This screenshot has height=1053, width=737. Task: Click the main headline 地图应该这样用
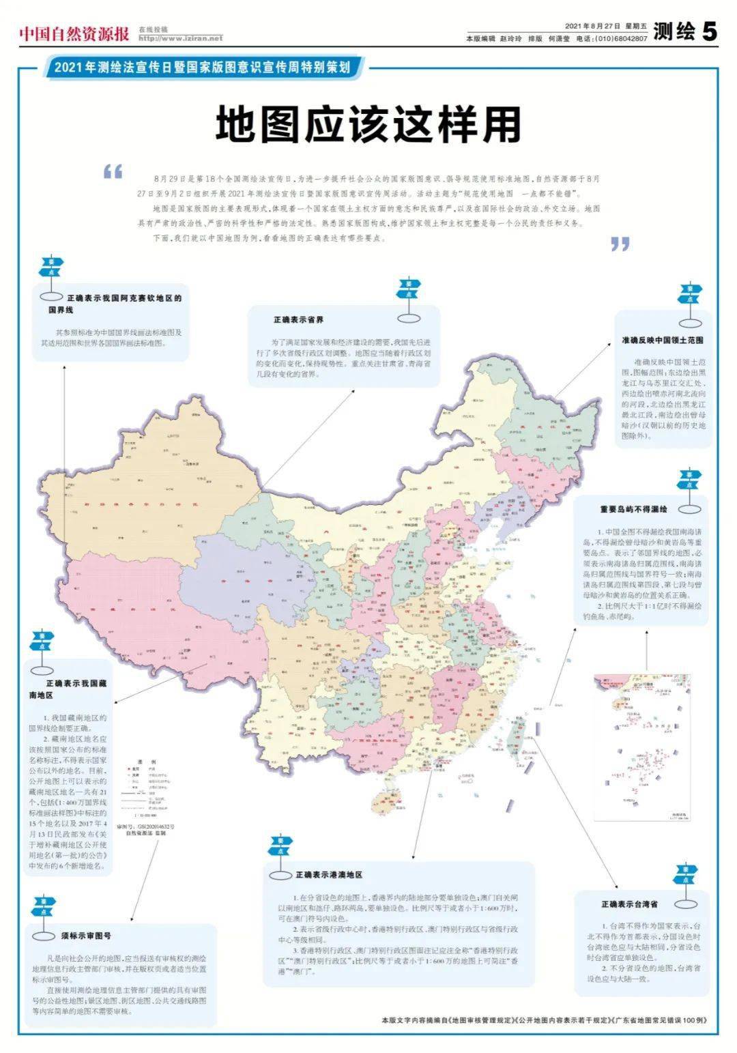click(x=369, y=125)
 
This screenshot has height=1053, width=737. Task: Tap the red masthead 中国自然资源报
click(x=74, y=33)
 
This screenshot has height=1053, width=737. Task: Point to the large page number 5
click(x=710, y=31)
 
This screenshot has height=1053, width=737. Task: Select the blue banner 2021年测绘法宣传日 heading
click(x=202, y=68)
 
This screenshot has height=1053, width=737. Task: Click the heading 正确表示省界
click(x=298, y=319)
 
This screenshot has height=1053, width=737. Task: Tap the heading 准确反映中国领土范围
click(x=662, y=340)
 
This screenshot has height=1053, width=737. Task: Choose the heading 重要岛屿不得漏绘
click(x=634, y=509)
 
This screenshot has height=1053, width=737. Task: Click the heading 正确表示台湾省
click(x=629, y=904)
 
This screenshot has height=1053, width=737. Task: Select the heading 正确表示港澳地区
click(x=328, y=874)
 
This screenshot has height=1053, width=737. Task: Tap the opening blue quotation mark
click(x=113, y=171)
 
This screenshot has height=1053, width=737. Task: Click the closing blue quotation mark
click(x=620, y=244)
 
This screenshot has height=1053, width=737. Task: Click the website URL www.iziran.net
click(x=180, y=38)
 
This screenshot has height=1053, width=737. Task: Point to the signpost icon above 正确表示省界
click(x=409, y=300)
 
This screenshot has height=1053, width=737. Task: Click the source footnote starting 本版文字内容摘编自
click(x=544, y=1020)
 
